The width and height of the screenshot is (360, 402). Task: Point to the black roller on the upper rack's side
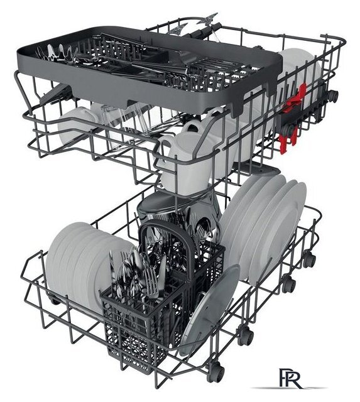coord(334,95)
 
